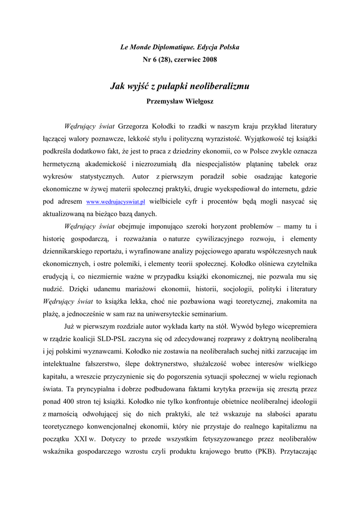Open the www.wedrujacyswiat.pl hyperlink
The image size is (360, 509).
tap(115, 202)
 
